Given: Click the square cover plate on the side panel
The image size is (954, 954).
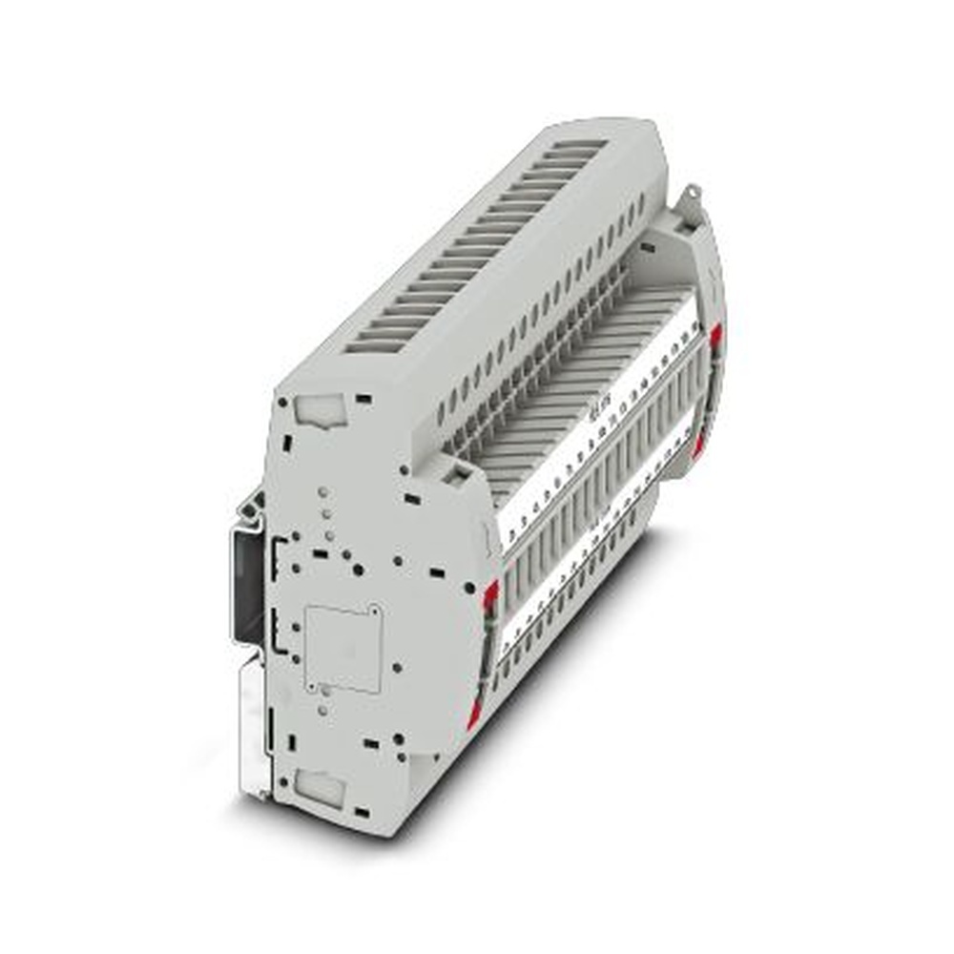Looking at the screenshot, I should click(343, 649).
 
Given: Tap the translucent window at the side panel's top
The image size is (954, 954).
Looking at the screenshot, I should click(318, 410).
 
